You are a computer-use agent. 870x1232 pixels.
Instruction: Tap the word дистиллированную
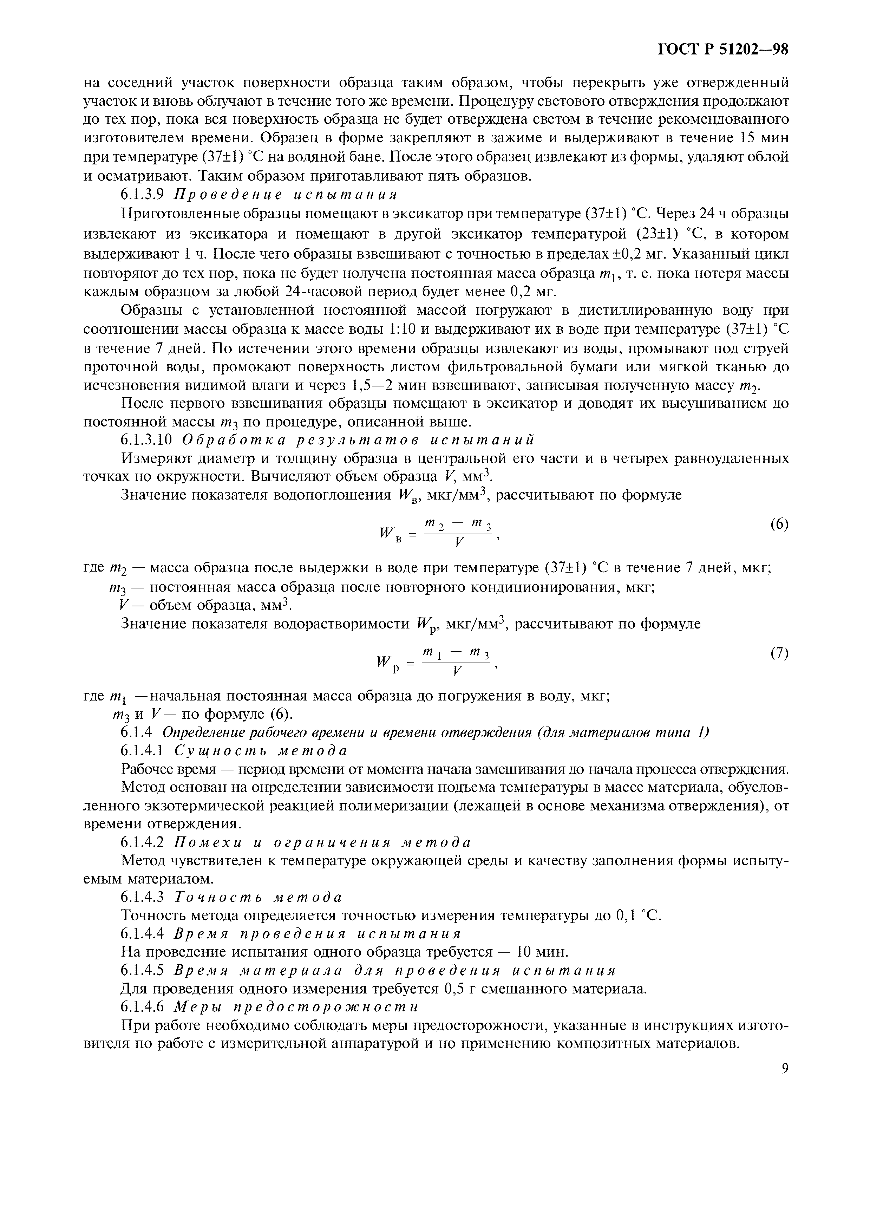point(638,311)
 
